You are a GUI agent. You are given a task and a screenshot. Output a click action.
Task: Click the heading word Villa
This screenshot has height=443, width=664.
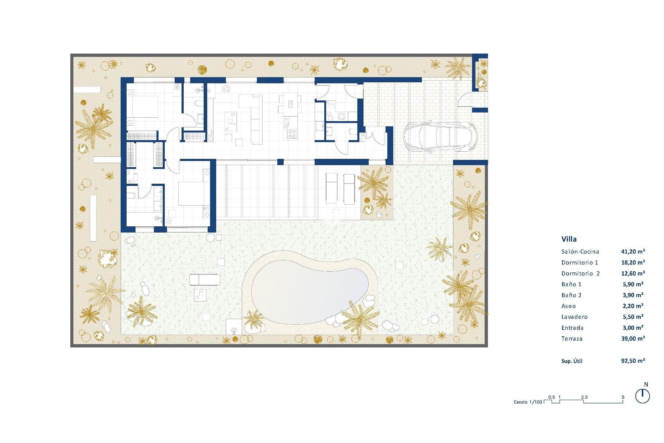pyautogui.click(x=569, y=239)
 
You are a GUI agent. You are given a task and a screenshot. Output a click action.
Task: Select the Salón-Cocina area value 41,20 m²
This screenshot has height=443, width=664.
pyautogui.click(x=633, y=252)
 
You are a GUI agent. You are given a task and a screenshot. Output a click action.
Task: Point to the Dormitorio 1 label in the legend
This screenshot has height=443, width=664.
pyautogui.click(x=580, y=262)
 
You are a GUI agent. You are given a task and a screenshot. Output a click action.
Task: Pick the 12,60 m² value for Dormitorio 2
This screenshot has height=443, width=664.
pyautogui.click(x=633, y=273)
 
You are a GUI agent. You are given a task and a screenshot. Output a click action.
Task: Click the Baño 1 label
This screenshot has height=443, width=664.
pyautogui.click(x=571, y=284)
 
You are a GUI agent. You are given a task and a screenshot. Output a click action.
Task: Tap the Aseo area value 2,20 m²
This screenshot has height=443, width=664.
pyautogui.click(x=633, y=306)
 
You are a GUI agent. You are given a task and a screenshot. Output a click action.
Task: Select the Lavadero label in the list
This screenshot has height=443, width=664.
pyautogui.click(x=574, y=317)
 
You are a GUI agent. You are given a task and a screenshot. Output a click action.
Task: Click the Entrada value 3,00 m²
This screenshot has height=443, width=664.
pyautogui.click(x=633, y=328)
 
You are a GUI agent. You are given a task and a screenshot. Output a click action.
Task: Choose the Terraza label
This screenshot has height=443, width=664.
pyautogui.click(x=572, y=338)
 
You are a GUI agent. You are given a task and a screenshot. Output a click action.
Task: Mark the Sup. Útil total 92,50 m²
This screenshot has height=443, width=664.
pyautogui.click(x=633, y=361)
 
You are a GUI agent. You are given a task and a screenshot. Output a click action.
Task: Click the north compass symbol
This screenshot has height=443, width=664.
pyautogui.click(x=643, y=396)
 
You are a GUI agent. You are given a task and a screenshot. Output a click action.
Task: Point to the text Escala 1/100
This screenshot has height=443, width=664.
pyautogui.click(x=528, y=402)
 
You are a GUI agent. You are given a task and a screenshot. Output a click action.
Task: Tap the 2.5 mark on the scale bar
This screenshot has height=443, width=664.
pyautogui.click(x=584, y=397)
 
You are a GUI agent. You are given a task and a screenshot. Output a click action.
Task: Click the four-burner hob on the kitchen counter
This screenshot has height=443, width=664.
pyautogui.click(x=292, y=134)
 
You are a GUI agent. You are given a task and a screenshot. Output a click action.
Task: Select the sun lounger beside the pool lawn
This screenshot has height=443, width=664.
pyautogui.click(x=205, y=279)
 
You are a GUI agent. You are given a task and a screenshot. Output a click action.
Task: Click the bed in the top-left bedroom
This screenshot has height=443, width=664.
pyautogui.click(x=143, y=107)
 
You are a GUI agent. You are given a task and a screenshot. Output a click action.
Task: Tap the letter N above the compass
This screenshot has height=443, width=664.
pyautogui.click(x=646, y=385)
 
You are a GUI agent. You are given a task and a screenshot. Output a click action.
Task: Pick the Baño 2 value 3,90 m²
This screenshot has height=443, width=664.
pyautogui.click(x=633, y=295)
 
